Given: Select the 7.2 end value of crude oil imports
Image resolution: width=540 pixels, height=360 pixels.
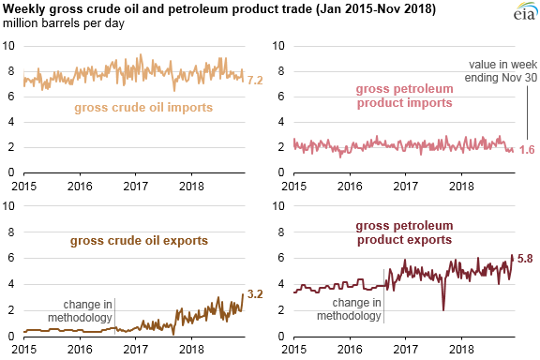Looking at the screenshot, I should point(255,82).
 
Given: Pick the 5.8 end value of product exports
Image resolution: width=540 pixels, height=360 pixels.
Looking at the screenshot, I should point(525,258).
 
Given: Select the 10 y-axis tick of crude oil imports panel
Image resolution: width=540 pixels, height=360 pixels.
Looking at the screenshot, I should point(8,46).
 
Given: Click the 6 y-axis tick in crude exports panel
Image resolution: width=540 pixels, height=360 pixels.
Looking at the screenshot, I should point(8,260).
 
